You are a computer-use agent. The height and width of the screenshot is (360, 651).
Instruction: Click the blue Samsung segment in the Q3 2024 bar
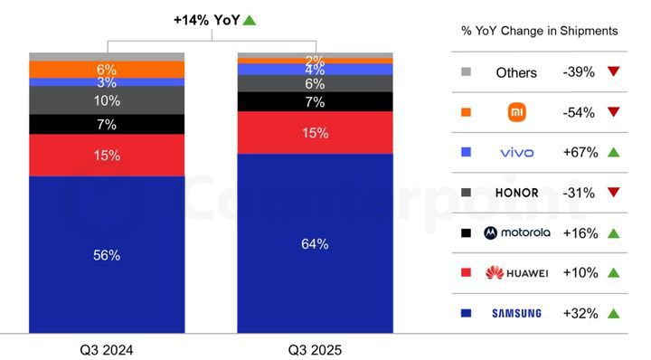tap(107, 255)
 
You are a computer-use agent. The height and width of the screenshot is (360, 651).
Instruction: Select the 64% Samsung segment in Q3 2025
tap(316, 243)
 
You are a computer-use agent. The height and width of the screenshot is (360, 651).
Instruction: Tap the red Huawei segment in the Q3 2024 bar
tap(107, 155)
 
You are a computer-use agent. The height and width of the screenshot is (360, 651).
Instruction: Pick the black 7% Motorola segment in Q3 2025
tap(316, 101)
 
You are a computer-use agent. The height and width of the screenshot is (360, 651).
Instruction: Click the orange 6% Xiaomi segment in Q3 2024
tap(107, 70)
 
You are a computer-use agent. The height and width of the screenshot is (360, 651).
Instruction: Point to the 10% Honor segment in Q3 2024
tap(107, 99)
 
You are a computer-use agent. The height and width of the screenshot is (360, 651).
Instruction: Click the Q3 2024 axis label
tap(106, 349)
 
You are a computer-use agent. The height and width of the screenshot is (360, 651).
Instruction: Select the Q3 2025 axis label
tap(316, 349)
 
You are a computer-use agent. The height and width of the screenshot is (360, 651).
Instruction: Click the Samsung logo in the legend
tap(516, 313)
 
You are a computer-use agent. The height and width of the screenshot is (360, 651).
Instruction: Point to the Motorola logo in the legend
tap(516, 232)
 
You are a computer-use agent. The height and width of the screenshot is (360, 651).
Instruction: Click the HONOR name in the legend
tap(516, 193)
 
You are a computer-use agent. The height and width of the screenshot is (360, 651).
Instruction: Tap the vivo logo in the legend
tap(516, 153)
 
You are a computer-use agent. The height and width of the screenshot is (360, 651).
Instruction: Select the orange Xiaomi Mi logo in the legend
tap(516, 112)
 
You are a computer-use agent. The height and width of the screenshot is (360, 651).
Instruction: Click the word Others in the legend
tap(516, 72)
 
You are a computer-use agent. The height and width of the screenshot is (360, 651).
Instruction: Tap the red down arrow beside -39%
tap(614, 72)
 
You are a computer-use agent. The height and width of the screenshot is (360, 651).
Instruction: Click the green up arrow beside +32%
tap(614, 313)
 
